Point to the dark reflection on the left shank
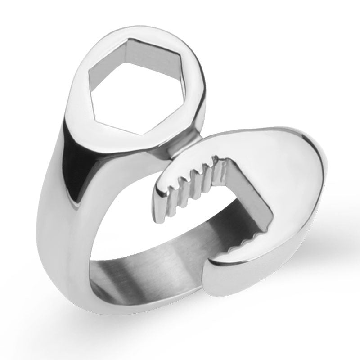pos(67,166)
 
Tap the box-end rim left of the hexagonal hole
pos(81,90)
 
